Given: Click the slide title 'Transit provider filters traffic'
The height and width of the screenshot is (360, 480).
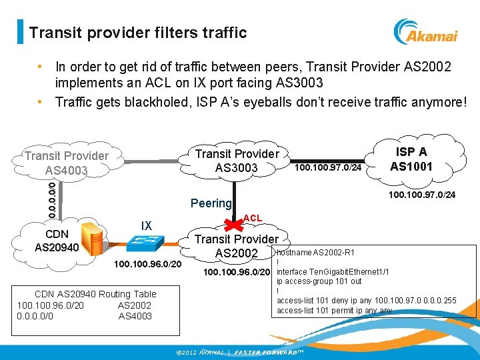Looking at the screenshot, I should [x=138, y=32].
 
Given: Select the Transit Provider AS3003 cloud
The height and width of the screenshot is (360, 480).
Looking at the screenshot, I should [x=237, y=161].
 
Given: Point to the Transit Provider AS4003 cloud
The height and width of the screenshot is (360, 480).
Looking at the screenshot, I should [x=66, y=163].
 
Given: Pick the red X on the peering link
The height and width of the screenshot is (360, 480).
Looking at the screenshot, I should [x=232, y=221].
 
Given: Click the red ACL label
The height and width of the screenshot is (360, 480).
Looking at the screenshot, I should [x=253, y=218].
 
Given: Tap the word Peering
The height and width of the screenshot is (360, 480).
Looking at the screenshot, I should [x=211, y=203].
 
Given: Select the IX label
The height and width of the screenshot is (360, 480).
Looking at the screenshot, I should [x=146, y=226].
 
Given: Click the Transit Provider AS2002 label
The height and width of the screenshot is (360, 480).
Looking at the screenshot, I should [x=236, y=246].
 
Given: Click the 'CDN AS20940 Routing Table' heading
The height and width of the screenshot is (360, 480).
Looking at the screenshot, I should [x=95, y=294].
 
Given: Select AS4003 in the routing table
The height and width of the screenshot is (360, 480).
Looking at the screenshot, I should [x=135, y=316].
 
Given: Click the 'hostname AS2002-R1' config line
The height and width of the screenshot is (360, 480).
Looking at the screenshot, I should [x=315, y=253].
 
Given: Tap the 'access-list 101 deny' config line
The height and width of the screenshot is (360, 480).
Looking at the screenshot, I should [x=366, y=301].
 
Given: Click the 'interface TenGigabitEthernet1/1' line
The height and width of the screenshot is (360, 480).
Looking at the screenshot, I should [x=333, y=272].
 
